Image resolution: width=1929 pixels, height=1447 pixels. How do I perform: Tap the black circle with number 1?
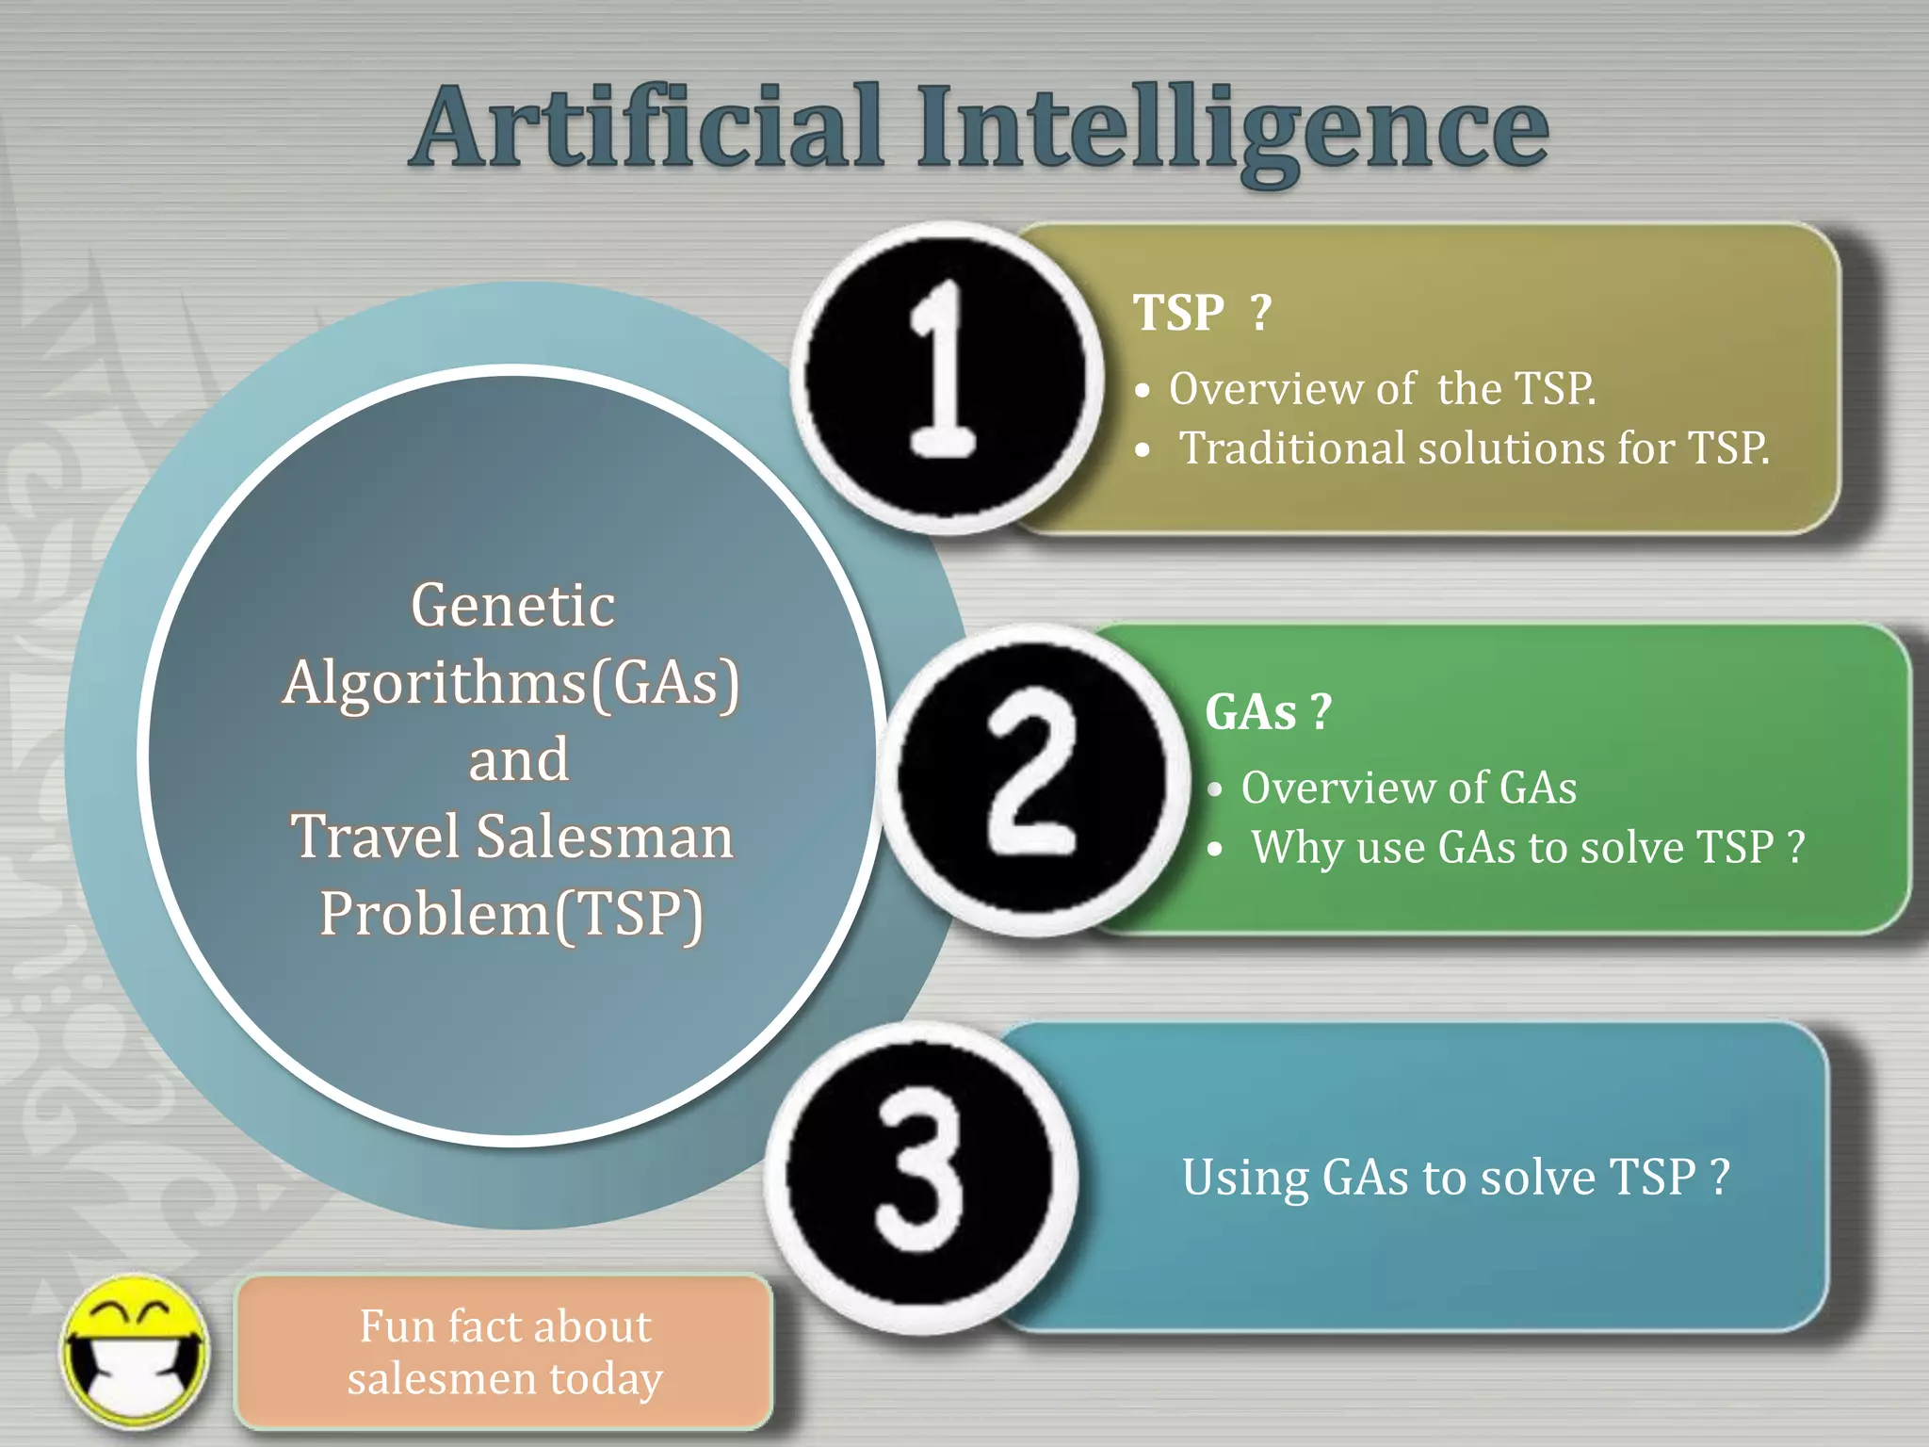[x=946, y=377]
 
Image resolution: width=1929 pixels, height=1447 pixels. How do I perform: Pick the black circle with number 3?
[x=920, y=1178]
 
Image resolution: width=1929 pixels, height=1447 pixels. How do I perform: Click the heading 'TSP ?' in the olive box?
[x=1202, y=312]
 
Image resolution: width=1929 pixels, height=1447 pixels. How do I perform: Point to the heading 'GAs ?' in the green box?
[x=1268, y=711]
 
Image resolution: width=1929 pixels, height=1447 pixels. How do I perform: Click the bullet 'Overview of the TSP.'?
[x=1382, y=388]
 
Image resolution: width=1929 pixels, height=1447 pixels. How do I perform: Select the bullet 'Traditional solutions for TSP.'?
[x=1474, y=447]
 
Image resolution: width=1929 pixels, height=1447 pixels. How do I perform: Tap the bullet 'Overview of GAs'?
[x=1408, y=788]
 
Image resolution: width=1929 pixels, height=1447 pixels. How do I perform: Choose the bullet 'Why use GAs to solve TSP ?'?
[x=1527, y=847]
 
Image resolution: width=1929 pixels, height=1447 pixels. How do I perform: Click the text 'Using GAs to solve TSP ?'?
[x=1455, y=1178]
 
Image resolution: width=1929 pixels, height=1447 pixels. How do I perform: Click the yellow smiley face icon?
[x=135, y=1353]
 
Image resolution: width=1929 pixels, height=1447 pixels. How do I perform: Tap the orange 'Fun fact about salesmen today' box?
[x=505, y=1352]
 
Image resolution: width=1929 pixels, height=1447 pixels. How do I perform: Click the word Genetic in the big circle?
[x=513, y=605]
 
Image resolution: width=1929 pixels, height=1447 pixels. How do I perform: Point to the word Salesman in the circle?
[x=604, y=837]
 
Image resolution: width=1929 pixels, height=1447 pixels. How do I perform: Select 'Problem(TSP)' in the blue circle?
[x=511, y=914]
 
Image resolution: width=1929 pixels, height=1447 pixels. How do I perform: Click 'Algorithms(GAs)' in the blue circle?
[x=511, y=682]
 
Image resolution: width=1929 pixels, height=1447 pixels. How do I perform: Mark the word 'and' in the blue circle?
[x=519, y=759]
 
